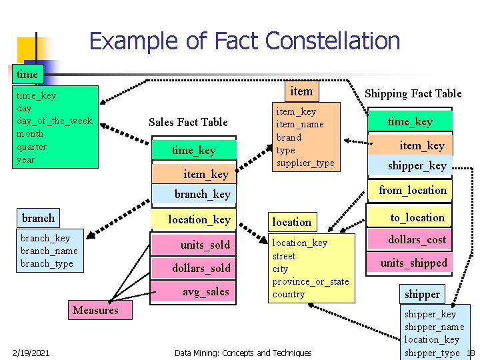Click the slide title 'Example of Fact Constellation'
[x=244, y=41]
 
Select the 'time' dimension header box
[x=27, y=74]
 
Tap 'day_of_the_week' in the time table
[x=54, y=121]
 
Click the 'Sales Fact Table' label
[x=188, y=122]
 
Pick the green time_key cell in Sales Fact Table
[x=193, y=150]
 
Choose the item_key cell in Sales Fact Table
[x=205, y=174]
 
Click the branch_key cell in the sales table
[x=202, y=195]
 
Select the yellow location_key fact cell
[x=199, y=219]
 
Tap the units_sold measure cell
[x=205, y=245]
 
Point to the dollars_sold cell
[x=201, y=268]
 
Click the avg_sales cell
[x=205, y=291]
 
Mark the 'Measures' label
[x=95, y=310]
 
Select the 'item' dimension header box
[x=301, y=90]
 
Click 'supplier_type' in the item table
[x=305, y=163]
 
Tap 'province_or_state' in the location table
[x=311, y=281]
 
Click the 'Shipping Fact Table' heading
[x=413, y=94]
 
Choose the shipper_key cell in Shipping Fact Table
[x=417, y=165]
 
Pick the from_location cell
[x=413, y=190]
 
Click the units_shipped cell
[x=413, y=263]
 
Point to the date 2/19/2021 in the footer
[x=31, y=352]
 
